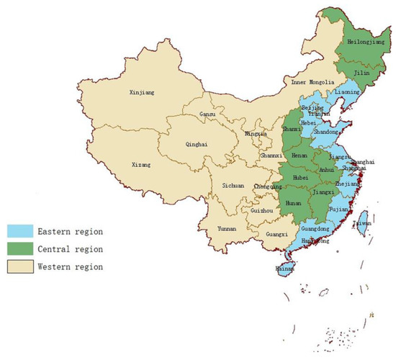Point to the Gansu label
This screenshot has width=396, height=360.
point(207,115)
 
